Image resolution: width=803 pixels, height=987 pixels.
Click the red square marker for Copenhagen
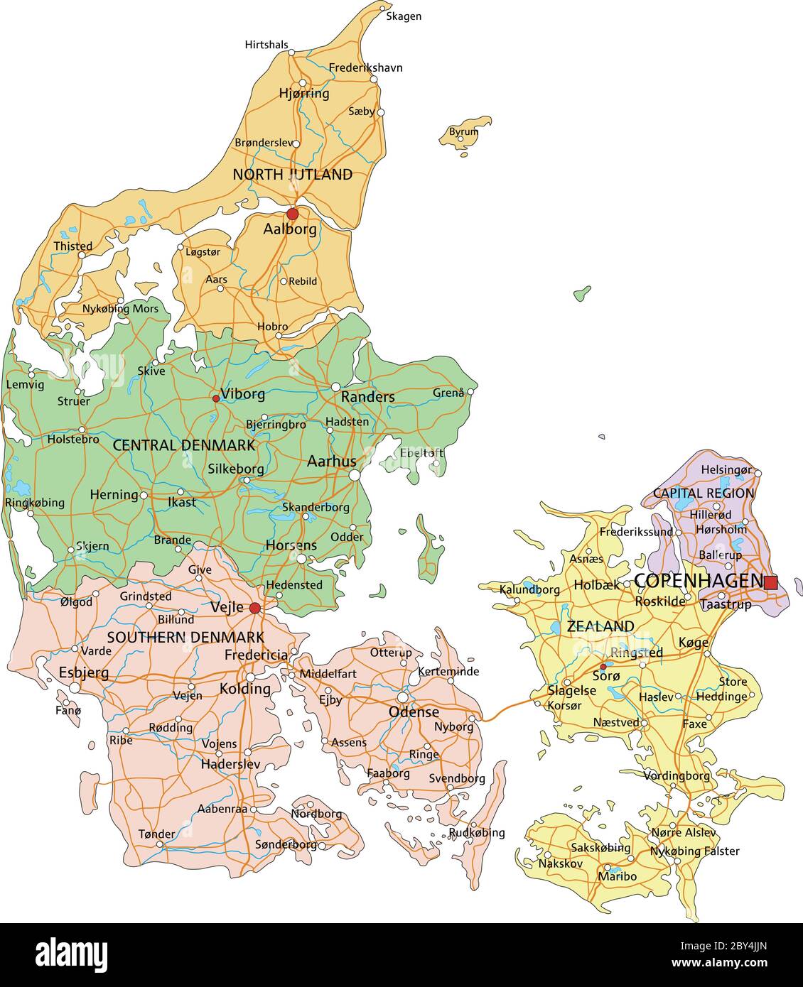coord(770,582)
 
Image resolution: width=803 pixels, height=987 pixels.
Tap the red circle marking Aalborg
coord(292,214)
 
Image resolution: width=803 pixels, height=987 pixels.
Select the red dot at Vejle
coord(255,608)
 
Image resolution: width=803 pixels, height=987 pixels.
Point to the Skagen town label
coord(403,16)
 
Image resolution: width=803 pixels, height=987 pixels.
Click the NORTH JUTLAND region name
coord(292,174)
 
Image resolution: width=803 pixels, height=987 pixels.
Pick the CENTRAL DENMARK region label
coord(183,445)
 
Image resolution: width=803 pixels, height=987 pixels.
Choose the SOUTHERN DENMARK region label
coord(185,637)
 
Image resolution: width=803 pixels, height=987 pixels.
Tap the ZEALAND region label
coord(600,626)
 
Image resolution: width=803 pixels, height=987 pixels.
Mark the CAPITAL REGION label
coord(703,493)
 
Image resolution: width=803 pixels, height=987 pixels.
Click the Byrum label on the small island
coord(463,132)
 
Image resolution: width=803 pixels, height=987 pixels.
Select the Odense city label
coord(414,711)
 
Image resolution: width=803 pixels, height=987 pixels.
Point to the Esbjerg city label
coord(84,672)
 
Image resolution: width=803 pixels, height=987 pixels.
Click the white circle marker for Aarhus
coord(355,476)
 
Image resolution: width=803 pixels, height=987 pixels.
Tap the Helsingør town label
coord(726,469)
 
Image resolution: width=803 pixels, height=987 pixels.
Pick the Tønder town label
coord(156,834)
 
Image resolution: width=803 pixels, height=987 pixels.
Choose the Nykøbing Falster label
coord(694,851)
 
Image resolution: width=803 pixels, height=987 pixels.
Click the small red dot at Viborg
coord(216,398)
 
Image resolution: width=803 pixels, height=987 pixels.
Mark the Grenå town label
coord(448,393)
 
